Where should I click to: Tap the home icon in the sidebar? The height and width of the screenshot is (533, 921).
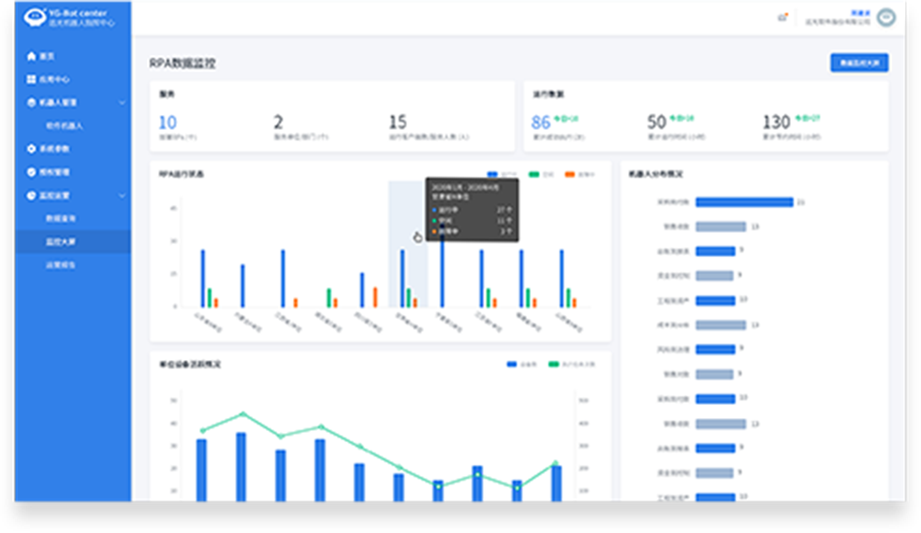(x=31, y=56)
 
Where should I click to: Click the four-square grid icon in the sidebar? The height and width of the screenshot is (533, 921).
(x=31, y=79)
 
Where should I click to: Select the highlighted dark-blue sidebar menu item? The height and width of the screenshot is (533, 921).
(x=73, y=241)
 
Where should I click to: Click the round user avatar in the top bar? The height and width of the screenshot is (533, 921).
(x=885, y=18)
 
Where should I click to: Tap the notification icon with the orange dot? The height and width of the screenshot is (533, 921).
(x=782, y=17)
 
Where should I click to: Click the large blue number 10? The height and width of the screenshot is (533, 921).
(x=168, y=122)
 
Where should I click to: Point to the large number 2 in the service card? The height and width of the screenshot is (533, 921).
(x=278, y=122)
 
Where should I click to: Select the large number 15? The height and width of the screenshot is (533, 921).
(x=398, y=122)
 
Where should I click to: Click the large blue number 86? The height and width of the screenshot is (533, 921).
(x=541, y=122)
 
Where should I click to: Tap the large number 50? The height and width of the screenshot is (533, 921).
(x=656, y=122)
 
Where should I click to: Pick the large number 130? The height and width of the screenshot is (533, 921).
(x=776, y=122)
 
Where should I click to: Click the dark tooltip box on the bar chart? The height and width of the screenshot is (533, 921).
(x=472, y=209)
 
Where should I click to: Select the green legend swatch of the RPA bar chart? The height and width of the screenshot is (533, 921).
(x=534, y=174)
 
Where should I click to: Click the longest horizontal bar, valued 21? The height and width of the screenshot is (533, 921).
(x=744, y=202)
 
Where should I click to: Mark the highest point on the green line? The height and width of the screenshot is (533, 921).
(x=242, y=413)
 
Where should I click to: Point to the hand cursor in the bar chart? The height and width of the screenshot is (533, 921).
(x=418, y=237)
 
